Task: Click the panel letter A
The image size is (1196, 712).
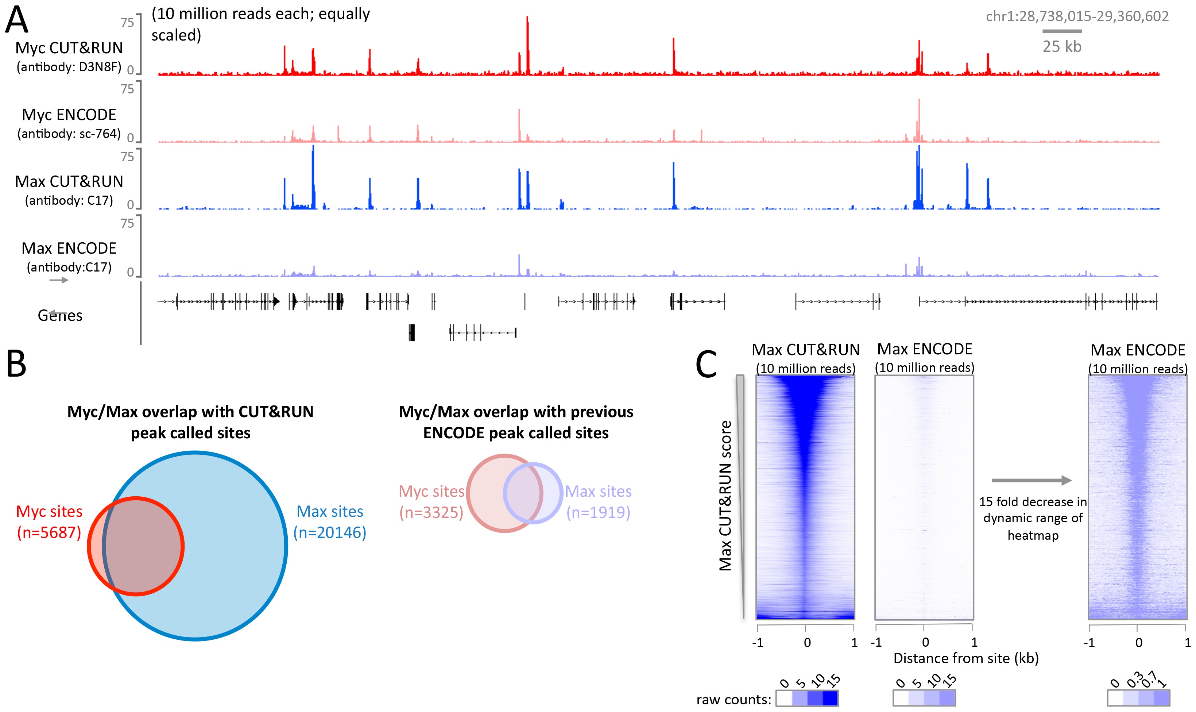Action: (x=17, y=20)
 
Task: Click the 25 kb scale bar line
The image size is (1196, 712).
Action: (x=1061, y=31)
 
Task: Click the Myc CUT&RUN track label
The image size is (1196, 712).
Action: (x=69, y=48)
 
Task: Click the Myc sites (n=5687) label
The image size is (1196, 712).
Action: (x=49, y=522)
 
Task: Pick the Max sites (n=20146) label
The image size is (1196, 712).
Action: (x=330, y=522)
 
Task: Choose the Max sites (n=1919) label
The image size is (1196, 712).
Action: (x=598, y=501)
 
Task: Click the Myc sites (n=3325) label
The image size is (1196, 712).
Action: (x=431, y=501)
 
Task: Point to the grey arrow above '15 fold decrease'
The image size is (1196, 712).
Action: (x=1031, y=480)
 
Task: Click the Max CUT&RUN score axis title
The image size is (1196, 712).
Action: (x=725, y=495)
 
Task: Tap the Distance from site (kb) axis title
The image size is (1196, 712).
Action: (x=965, y=658)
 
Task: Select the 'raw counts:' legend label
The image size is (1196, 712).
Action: (x=733, y=700)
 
